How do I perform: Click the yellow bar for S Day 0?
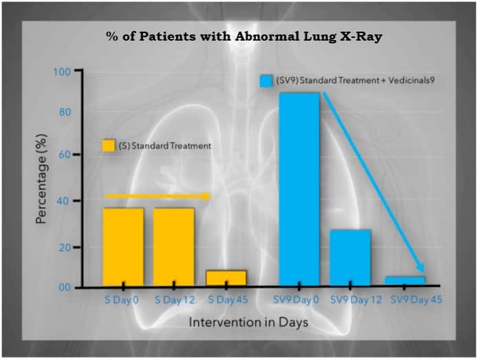click(x=124, y=247)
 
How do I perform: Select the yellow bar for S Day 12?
click(x=174, y=247)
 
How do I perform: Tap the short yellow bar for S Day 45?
click(x=226, y=278)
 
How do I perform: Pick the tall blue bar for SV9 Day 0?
click(x=299, y=189)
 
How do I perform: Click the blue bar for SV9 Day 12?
click(x=350, y=258)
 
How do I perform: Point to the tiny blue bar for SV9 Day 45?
click(x=405, y=281)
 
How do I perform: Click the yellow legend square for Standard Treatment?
click(x=108, y=145)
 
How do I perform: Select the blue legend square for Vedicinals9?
click(x=266, y=81)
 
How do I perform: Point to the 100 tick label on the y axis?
click(x=62, y=72)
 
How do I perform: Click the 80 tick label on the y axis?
click(x=65, y=112)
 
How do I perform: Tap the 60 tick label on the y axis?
click(x=65, y=155)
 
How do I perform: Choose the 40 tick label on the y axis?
click(x=65, y=201)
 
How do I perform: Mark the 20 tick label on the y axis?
click(x=65, y=247)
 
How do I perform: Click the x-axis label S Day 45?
click(x=228, y=300)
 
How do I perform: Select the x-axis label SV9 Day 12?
click(x=356, y=300)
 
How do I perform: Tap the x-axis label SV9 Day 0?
click(x=296, y=300)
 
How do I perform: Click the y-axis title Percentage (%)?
click(x=41, y=179)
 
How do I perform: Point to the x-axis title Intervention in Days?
click(x=248, y=322)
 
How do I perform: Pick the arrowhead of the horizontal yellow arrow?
click(x=207, y=196)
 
